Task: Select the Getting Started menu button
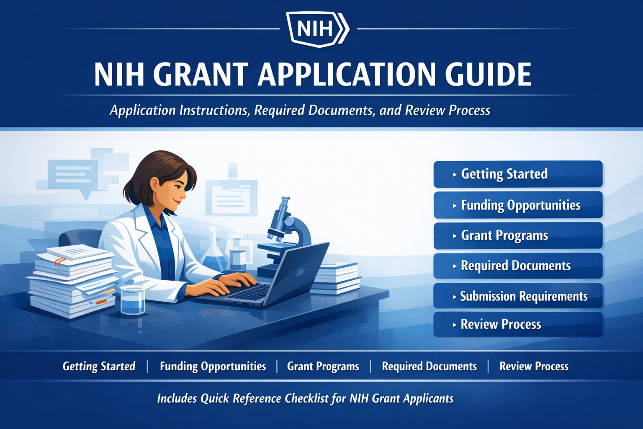[x=518, y=174]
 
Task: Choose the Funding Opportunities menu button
[x=518, y=205]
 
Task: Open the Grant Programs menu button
[x=518, y=235]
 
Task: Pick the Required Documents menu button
[x=518, y=266]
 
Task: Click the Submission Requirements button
[x=518, y=296]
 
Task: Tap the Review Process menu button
[x=518, y=324]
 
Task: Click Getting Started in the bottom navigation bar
[x=99, y=367]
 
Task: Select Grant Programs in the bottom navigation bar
[x=323, y=367]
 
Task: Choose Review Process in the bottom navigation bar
[x=534, y=367]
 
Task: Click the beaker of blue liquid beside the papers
[x=133, y=300]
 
